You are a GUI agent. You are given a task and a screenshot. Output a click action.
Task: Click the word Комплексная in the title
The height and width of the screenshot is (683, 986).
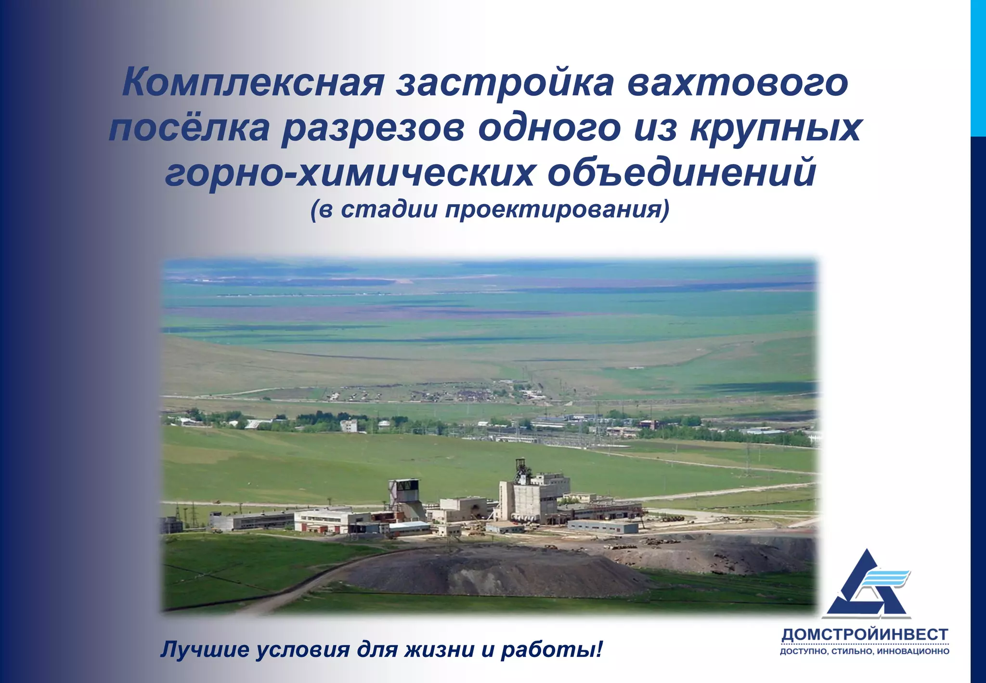coord(253,82)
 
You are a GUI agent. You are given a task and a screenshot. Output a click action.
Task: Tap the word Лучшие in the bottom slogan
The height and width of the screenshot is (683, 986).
coord(204,649)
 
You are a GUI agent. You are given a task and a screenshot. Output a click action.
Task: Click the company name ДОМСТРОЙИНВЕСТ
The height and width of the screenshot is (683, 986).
coord(865,634)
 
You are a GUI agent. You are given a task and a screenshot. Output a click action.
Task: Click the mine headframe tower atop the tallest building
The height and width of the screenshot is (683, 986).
coord(520,469)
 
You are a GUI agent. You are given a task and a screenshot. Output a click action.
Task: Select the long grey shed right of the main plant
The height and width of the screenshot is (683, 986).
coord(603,526)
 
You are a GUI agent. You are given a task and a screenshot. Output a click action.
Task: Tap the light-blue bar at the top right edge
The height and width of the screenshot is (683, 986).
coord(978,67)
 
